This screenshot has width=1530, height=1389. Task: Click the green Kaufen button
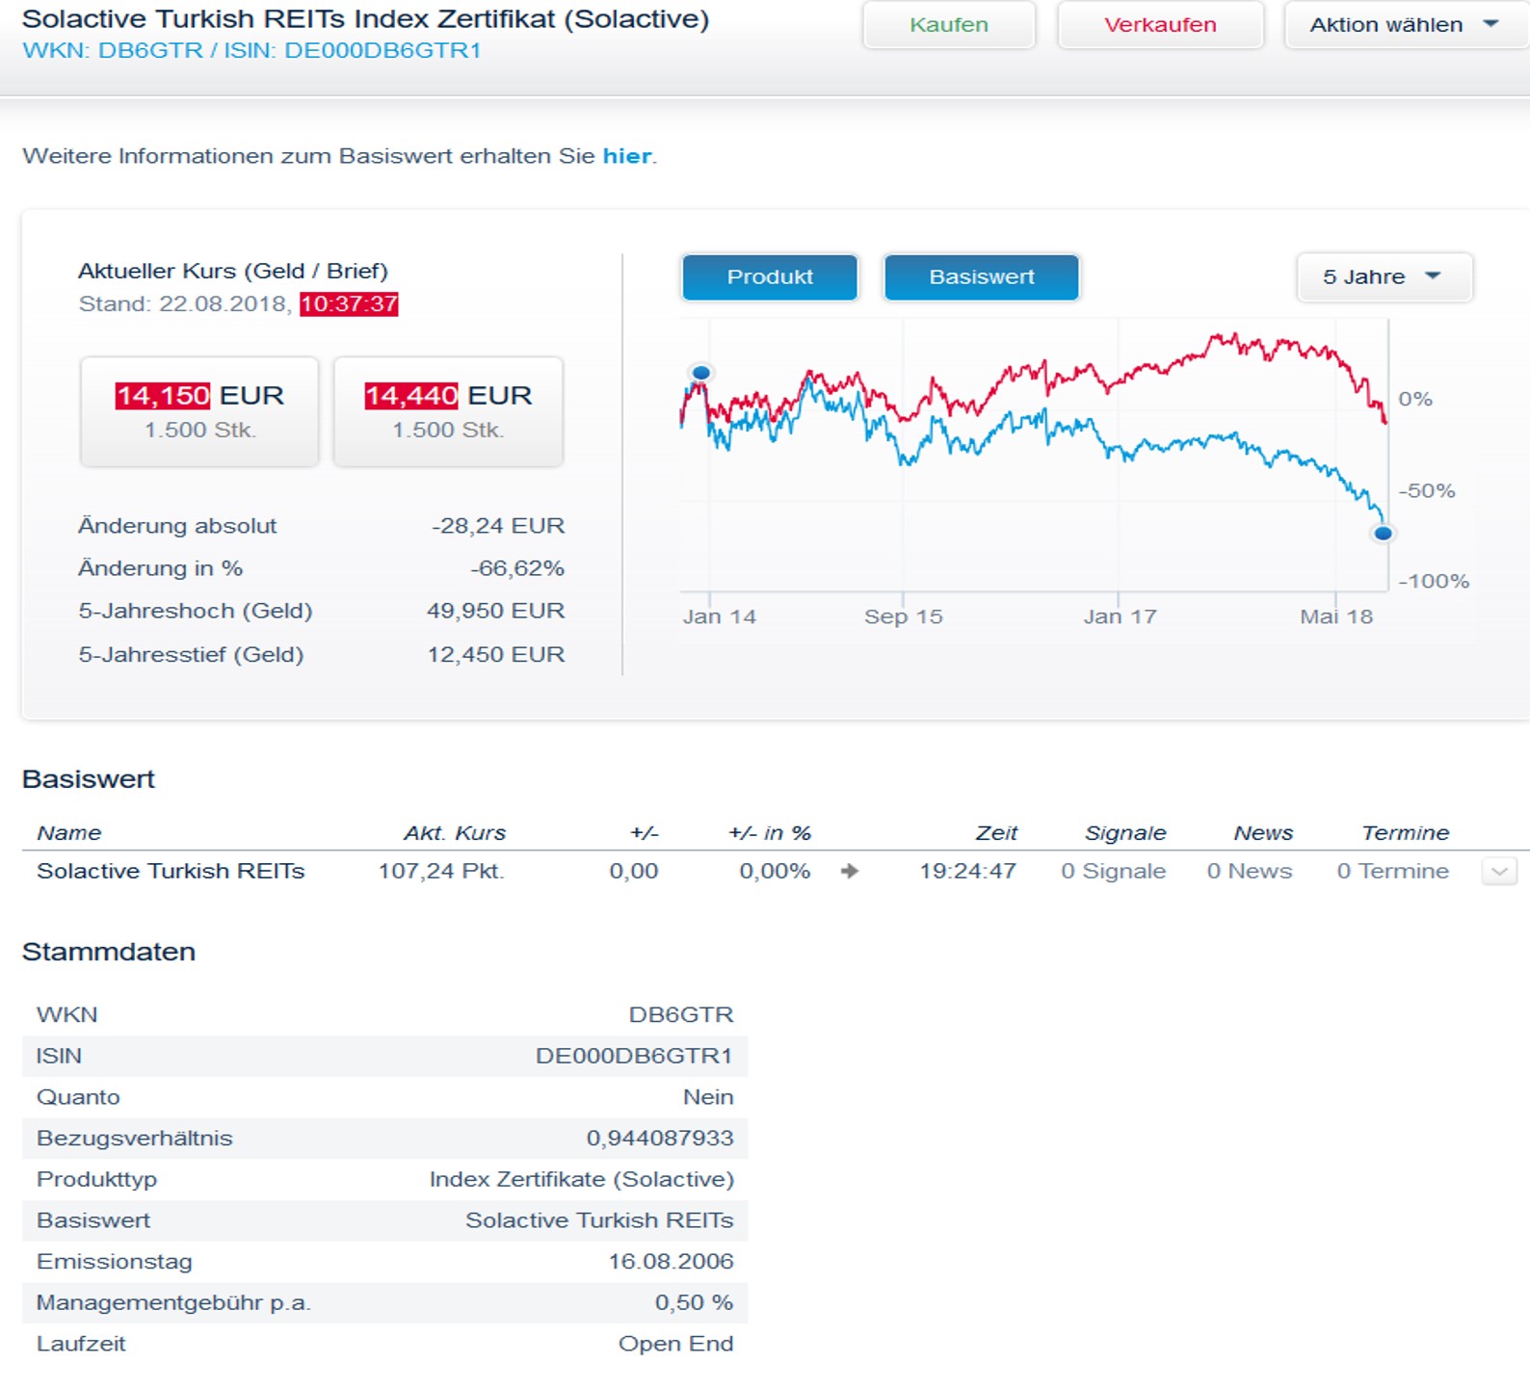click(949, 25)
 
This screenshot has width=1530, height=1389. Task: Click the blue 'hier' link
click(626, 156)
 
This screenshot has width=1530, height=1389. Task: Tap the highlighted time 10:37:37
click(349, 304)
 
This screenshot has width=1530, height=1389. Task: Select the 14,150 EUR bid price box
click(199, 411)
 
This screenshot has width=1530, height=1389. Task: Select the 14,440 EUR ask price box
click(448, 411)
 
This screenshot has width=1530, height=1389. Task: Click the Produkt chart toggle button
click(770, 277)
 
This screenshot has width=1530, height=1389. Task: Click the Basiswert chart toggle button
click(982, 277)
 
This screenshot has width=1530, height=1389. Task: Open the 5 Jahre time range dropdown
click(1384, 277)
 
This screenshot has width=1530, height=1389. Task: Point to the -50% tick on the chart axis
click(1426, 491)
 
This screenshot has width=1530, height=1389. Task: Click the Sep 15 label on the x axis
click(903, 616)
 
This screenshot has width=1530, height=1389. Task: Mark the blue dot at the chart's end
click(1384, 533)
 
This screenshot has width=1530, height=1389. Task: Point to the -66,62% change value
click(517, 568)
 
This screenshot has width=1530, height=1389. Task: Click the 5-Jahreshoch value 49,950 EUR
click(495, 611)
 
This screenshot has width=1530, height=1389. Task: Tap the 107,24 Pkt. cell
click(441, 871)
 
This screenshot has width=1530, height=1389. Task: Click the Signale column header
click(1125, 833)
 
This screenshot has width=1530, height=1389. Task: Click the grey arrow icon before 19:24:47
click(849, 871)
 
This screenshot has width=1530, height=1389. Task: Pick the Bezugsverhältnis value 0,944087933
click(660, 1138)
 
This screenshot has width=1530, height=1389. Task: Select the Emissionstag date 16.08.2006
click(671, 1261)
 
